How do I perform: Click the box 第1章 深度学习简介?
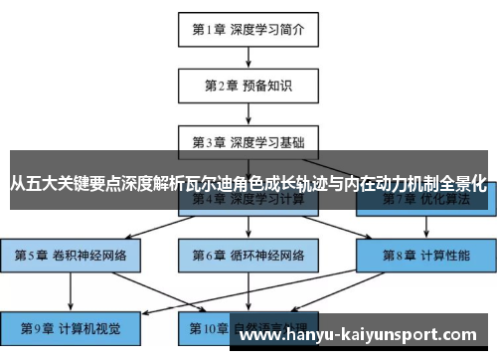248,30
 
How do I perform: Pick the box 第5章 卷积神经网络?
71,255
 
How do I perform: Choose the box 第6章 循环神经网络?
248,255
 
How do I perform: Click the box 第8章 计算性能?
425,255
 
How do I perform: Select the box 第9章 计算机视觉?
71,325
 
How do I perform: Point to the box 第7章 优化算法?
425,199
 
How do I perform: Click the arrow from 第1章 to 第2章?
248,57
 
